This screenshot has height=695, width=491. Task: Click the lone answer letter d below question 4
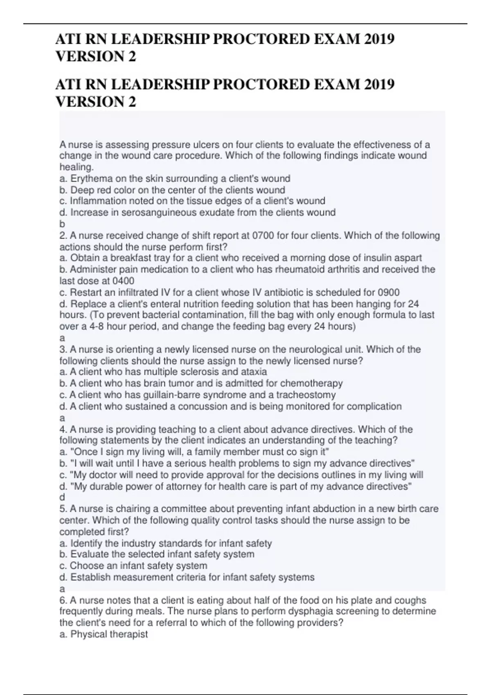62,498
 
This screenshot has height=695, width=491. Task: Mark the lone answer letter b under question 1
62,224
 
